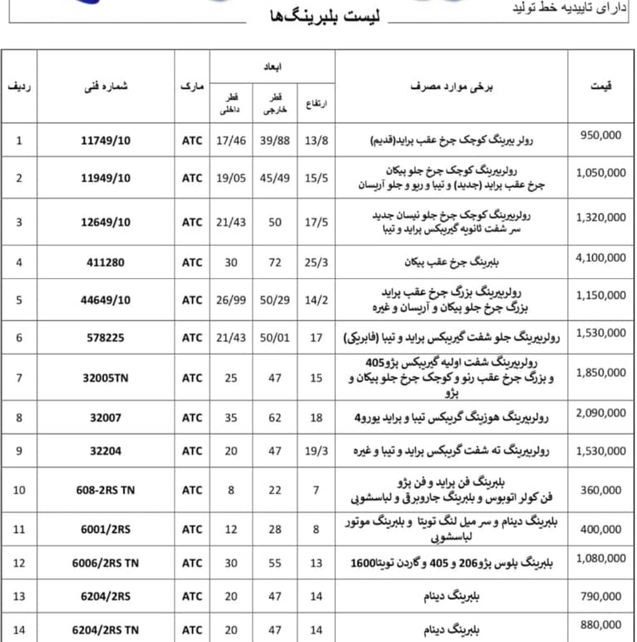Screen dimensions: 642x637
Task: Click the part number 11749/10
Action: click(x=106, y=140)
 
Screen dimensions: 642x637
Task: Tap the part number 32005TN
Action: click(x=106, y=378)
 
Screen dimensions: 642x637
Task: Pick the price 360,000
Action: click(x=601, y=490)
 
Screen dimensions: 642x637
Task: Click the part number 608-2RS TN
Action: click(x=106, y=490)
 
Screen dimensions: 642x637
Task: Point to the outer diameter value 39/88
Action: click(x=275, y=140)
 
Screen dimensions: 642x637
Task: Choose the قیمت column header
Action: click(x=601, y=86)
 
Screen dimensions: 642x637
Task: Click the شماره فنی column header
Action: click(x=106, y=86)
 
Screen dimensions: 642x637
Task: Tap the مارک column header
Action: click(x=192, y=86)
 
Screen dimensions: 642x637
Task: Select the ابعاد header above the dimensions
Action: click(x=272, y=67)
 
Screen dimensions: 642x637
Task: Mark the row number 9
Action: click(x=19, y=451)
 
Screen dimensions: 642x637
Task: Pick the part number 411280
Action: click(x=106, y=263)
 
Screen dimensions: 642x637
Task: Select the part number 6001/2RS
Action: click(x=106, y=529)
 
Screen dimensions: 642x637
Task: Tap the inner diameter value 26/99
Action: click(x=231, y=300)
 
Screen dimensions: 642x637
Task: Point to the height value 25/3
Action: click(x=316, y=263)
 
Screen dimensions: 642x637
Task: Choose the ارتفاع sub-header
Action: click(x=316, y=103)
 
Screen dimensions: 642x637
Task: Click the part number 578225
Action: click(x=106, y=338)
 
